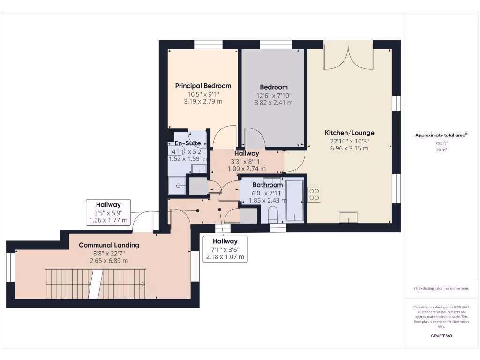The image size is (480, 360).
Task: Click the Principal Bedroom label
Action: (x=203, y=86)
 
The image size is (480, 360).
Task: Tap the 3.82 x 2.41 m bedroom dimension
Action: (x=274, y=103)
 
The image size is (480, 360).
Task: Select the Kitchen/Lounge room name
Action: (x=350, y=133)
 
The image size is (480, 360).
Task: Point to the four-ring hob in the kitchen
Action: (x=314, y=194)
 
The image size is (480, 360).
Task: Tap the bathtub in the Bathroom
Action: (x=294, y=199)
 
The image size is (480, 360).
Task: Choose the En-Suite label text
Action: (x=187, y=143)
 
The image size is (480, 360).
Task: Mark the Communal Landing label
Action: (x=109, y=245)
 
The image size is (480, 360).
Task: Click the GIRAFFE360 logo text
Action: (x=441, y=336)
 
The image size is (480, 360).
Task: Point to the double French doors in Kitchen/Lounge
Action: (x=348, y=57)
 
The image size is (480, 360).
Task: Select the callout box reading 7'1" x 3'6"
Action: (x=224, y=249)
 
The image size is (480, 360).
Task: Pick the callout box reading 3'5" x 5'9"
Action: (x=108, y=212)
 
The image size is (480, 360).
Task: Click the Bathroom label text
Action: (x=268, y=185)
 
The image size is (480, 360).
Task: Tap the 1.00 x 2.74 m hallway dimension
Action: (x=247, y=169)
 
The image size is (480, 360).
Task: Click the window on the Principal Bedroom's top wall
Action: (x=208, y=44)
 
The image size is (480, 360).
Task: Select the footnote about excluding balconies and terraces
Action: (x=441, y=288)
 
